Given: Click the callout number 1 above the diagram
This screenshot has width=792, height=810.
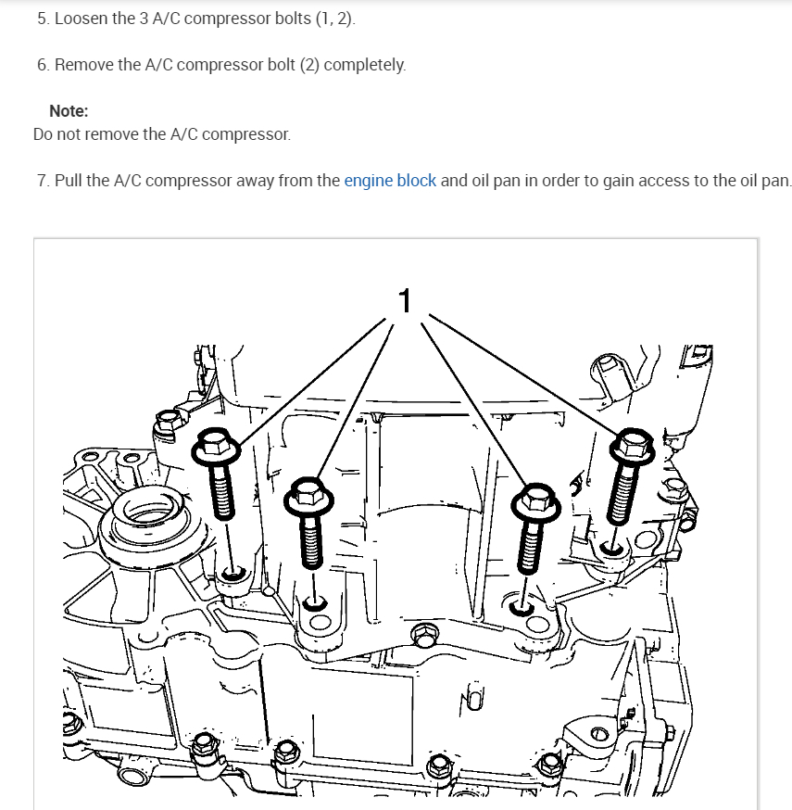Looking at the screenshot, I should [404, 300].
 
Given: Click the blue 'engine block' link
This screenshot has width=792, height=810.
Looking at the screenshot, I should [390, 181].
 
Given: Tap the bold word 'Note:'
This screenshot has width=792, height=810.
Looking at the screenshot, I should [69, 111].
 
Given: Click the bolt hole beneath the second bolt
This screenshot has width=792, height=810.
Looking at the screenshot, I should [316, 605].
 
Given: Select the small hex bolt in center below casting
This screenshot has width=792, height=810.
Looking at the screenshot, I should [423, 638].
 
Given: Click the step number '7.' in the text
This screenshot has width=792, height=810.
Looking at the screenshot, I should [44, 181].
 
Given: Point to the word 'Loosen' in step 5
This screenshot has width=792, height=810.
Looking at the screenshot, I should [81, 19].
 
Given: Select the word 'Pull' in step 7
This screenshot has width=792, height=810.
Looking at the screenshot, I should [69, 181].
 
